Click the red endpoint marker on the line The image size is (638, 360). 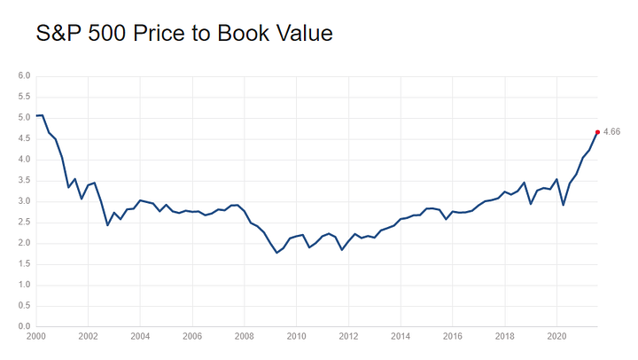click(x=597, y=132)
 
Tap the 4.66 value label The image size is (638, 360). click(x=611, y=132)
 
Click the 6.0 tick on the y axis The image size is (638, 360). click(x=25, y=75)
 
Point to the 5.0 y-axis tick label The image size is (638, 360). click(x=25, y=117)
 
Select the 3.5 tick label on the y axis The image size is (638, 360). click(x=25, y=180)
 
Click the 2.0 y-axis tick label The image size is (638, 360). click(x=25, y=243)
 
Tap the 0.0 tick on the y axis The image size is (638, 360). click(x=25, y=326)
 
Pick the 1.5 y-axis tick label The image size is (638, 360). click(x=25, y=263)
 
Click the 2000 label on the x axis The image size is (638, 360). click(x=36, y=337)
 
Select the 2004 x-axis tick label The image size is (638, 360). click(x=140, y=337)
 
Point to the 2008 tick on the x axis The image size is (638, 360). click(x=245, y=337)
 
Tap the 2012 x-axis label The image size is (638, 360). click(x=348, y=337)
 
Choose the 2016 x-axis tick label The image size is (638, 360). click(x=453, y=337)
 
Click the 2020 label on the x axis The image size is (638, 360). click(x=556, y=337)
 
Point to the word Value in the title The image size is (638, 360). click(x=304, y=35)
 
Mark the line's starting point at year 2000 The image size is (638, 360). click(x=36, y=116)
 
